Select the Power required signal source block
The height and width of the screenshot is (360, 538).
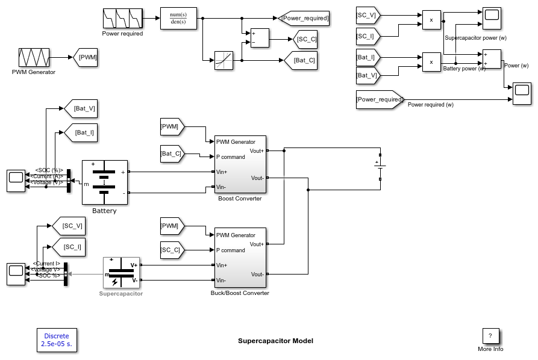122,19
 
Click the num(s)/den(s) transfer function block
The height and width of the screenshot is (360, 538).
178,19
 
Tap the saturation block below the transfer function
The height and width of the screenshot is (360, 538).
224,61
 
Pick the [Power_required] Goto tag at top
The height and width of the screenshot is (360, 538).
304,19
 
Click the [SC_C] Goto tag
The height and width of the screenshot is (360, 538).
305,40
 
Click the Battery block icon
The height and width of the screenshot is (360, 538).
105,182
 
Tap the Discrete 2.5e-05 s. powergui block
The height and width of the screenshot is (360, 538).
57,340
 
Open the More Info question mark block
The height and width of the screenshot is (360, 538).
490,336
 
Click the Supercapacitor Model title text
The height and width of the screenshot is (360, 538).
275,341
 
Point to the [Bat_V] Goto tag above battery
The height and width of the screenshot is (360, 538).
81,108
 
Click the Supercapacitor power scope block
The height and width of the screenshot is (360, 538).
490,19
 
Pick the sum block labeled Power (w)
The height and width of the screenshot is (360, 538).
492,58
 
